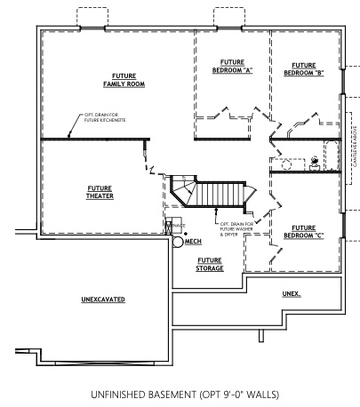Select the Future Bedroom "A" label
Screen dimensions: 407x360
point(229,68)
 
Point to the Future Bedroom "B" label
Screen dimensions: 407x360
point(303,68)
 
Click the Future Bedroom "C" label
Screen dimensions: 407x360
point(303,231)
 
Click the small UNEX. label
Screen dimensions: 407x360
point(292,292)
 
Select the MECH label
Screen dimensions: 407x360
point(194,242)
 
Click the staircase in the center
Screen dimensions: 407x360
point(218,194)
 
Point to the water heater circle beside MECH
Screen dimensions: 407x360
point(178,242)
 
